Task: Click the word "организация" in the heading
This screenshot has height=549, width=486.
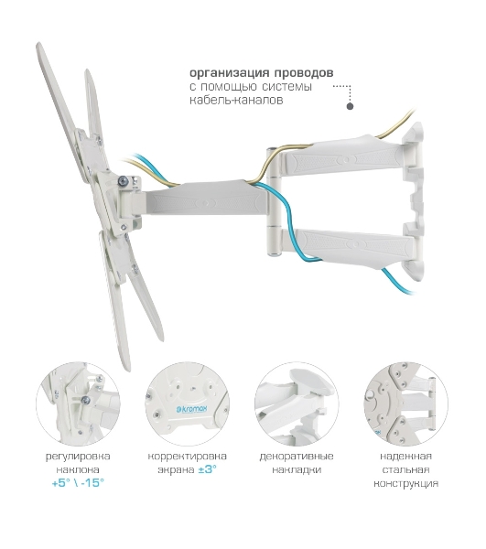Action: point(230,73)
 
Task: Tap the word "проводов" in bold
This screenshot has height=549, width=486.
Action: point(304,73)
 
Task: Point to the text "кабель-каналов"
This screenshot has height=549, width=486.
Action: point(236,100)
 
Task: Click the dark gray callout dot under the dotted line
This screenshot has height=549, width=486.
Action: point(350,106)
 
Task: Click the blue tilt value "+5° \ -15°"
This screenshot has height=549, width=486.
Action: point(78,483)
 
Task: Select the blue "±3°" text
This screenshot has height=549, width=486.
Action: point(207,469)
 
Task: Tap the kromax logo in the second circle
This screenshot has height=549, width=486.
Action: point(191,409)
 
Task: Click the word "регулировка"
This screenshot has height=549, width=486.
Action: point(78,457)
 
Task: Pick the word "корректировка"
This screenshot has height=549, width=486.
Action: point(188,457)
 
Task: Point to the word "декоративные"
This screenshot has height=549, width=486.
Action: point(297,457)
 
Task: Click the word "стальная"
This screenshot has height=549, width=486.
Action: point(405,469)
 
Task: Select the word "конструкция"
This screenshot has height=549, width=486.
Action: point(405,483)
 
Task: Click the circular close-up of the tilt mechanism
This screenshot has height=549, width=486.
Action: point(78,404)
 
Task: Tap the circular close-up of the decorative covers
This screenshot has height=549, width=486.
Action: point(297,404)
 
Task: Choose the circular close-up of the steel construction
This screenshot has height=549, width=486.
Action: point(405,404)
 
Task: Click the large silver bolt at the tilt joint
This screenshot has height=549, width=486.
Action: point(123,180)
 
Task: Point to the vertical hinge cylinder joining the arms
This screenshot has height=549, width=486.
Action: point(273,202)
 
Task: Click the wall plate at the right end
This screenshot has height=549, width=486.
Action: point(414,201)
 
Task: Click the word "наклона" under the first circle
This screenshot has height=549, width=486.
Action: point(78,470)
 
